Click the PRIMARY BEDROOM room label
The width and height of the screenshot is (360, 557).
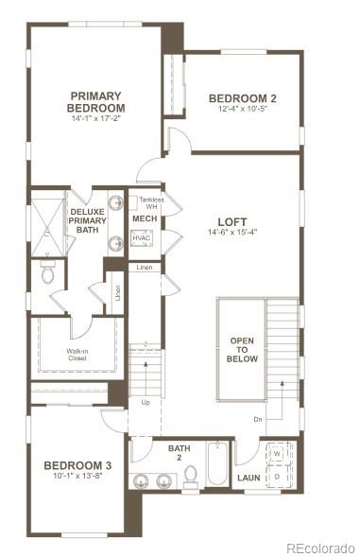pos(95,101)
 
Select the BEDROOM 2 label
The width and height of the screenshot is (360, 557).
pos(242,98)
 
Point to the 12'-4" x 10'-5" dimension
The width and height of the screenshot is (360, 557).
pos(242,110)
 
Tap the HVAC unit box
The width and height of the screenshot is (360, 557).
pos(142,239)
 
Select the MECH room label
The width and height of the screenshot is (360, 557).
pos(145,219)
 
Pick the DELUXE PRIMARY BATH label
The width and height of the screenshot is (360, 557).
pos(87,220)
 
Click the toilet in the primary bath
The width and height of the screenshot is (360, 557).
pos(47,273)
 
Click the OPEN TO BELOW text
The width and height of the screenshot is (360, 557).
pos(243,350)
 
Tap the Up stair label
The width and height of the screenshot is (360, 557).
pos(145,402)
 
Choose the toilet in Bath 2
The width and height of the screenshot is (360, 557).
pos(190,476)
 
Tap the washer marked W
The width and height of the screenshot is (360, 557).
pos(278,454)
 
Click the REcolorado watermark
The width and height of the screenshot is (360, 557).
pos(319,547)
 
